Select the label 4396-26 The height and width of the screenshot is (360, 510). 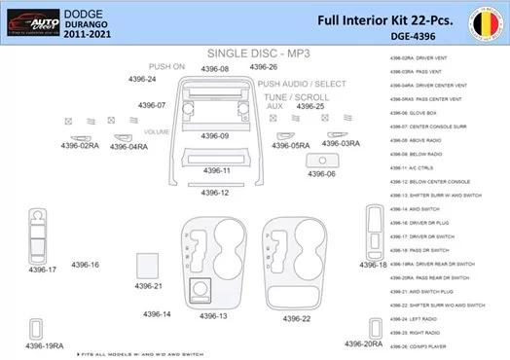click(263, 67)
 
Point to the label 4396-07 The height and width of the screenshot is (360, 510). click(152, 104)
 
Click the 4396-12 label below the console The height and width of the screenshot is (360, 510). click(215, 192)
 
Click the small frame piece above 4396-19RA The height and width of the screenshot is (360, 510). click(37, 327)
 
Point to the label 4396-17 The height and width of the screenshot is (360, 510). click(42, 269)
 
